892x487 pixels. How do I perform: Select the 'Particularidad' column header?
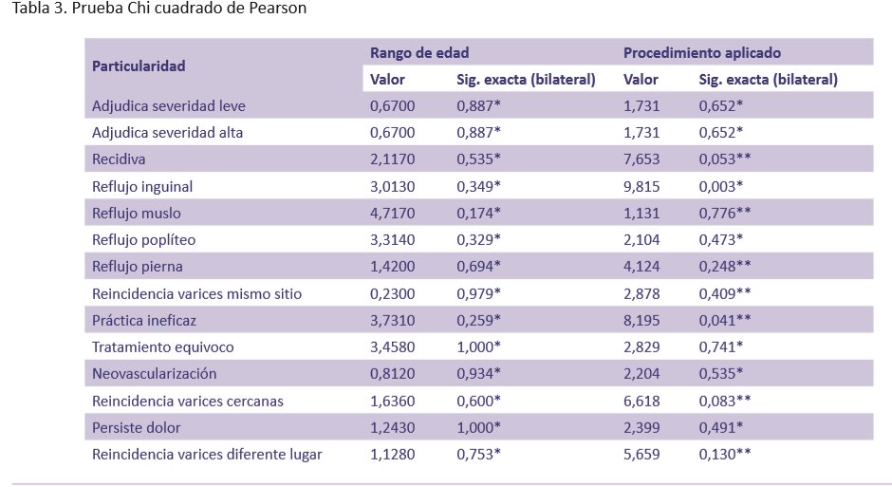pyautogui.click(x=138, y=66)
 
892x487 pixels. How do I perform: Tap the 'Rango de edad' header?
pyautogui.click(x=419, y=53)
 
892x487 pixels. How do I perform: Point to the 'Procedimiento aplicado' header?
pyautogui.click(x=702, y=53)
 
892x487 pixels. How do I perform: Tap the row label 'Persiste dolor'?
pyautogui.click(x=137, y=427)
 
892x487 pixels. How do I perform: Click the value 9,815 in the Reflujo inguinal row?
pyautogui.click(x=641, y=186)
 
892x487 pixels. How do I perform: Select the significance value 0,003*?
pyautogui.click(x=721, y=186)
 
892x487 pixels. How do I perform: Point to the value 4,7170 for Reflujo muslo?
pyautogui.click(x=393, y=214)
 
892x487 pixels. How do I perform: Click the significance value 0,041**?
pyautogui.click(x=725, y=320)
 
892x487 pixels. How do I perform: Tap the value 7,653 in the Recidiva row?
pyautogui.click(x=641, y=159)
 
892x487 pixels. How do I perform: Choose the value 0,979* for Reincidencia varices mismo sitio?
pyautogui.click(x=478, y=293)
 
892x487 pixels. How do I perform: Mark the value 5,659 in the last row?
pyautogui.click(x=641, y=454)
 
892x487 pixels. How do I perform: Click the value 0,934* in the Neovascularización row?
pyautogui.click(x=478, y=374)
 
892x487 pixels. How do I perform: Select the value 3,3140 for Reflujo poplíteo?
pyautogui.click(x=393, y=240)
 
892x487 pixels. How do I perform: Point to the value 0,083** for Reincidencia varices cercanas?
pyautogui.click(x=725, y=401)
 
